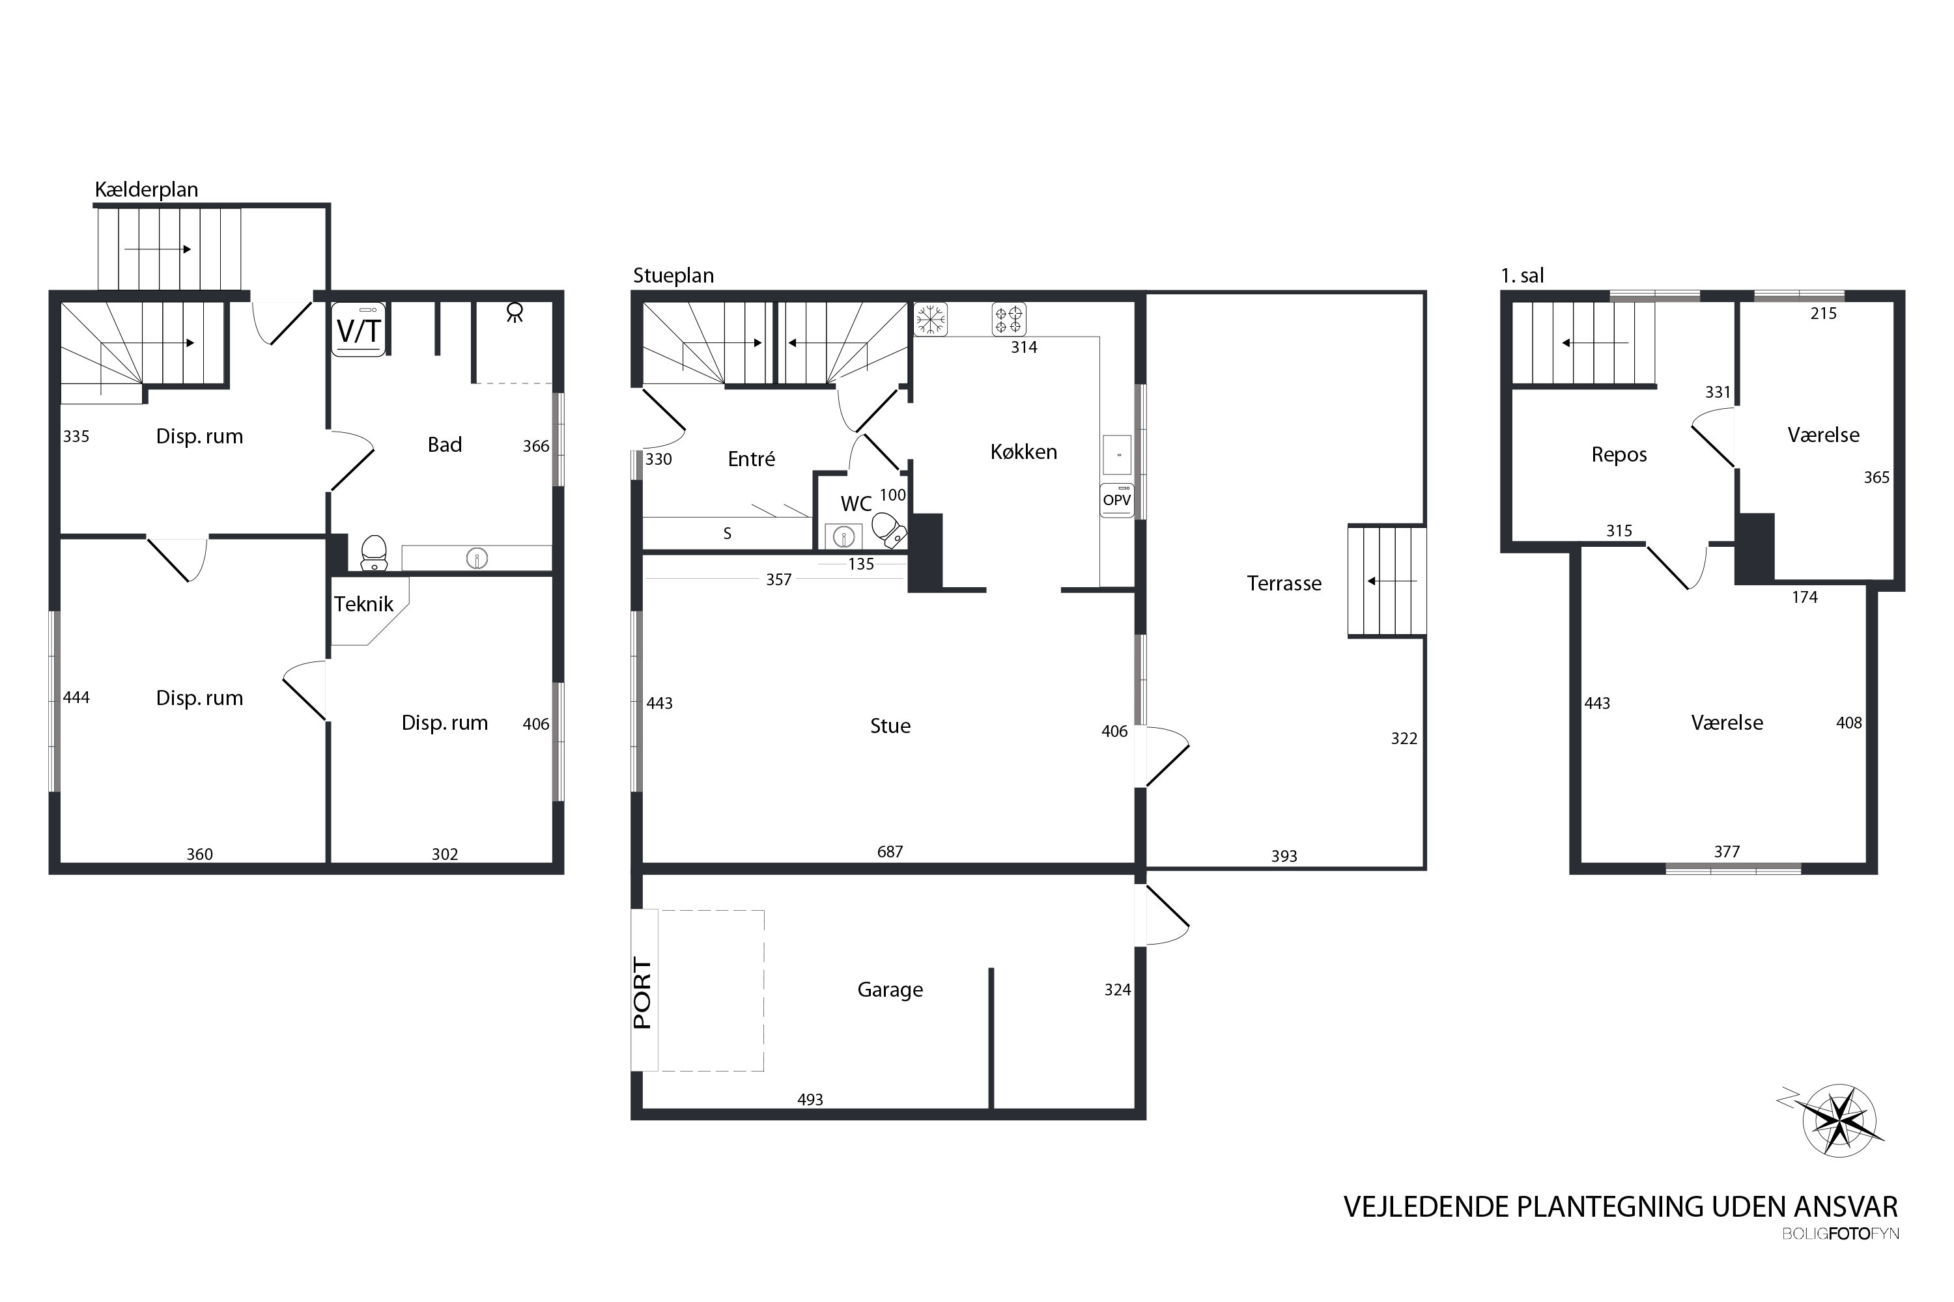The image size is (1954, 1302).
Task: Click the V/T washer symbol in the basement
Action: [358, 329]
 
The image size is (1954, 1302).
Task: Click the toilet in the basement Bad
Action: [374, 552]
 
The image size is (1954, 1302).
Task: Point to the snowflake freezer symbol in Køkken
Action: [931, 319]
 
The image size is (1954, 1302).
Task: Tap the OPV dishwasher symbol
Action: [1116, 500]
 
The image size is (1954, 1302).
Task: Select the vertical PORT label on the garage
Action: [642, 993]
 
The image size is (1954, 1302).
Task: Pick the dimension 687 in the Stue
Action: [890, 851]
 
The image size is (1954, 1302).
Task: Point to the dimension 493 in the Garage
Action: [810, 1100]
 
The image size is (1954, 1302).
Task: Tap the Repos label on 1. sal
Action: [1619, 455]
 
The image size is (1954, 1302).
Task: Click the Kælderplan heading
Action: [146, 189]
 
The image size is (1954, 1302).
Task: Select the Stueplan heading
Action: [673, 275]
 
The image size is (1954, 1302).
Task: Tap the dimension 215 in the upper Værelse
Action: [1824, 313]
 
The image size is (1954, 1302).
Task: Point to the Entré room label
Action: [751, 458]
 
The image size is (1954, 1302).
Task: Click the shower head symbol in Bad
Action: [515, 312]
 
